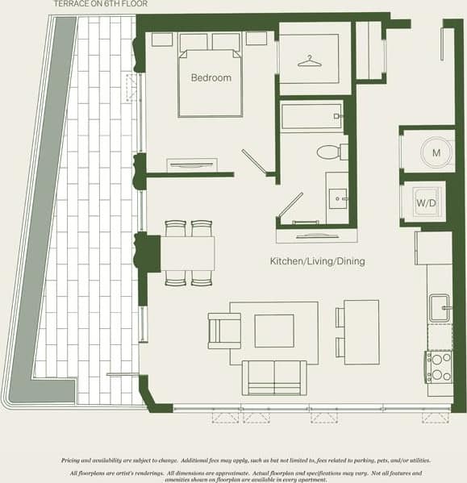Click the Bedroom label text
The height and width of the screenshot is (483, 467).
click(x=211, y=78)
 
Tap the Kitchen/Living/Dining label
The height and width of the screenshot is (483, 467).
click(x=318, y=262)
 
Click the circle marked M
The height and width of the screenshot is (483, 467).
click(x=435, y=152)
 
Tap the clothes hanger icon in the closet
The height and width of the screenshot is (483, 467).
click(x=310, y=60)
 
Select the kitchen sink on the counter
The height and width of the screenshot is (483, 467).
click(x=440, y=307)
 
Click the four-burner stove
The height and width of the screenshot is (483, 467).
click(x=440, y=368)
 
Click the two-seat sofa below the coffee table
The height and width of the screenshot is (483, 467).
click(x=274, y=377)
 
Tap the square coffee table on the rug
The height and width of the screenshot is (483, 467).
click(x=274, y=331)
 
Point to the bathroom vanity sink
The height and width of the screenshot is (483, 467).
click(x=338, y=195)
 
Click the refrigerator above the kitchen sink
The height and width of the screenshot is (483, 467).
click(x=433, y=248)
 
